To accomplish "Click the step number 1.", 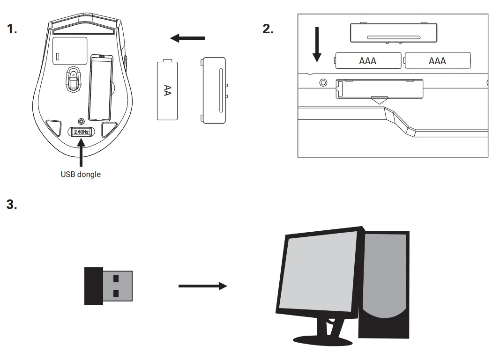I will click(x=12, y=29).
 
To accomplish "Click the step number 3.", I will click(x=12, y=205).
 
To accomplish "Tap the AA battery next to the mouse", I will click(x=167, y=90).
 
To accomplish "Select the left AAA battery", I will click(x=368, y=60).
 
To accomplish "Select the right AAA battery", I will click(x=438, y=60).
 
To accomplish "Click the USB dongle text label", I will click(x=81, y=174).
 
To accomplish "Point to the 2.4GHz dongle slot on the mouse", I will click(x=81, y=132).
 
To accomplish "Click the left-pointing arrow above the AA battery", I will click(x=187, y=38).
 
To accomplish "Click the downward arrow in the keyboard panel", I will click(x=317, y=45).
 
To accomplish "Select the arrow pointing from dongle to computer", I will click(x=202, y=286).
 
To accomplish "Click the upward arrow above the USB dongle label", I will click(x=81, y=154).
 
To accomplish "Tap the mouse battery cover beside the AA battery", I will click(x=214, y=90).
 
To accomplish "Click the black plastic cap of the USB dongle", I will click(x=93, y=286).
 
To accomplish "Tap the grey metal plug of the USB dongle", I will click(x=118, y=286).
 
